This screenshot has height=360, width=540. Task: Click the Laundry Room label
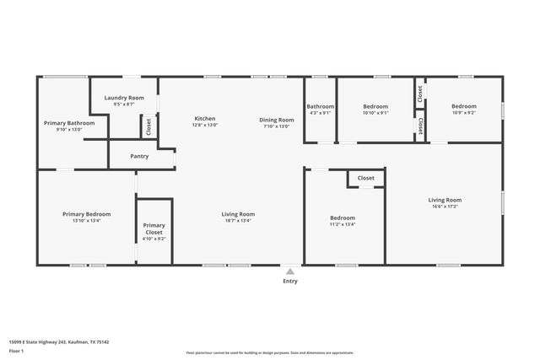pos(124,99)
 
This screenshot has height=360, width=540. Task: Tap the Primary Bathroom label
pos(69,123)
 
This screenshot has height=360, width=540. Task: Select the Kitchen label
pos(205,118)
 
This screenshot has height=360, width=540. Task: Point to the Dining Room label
pos(276,120)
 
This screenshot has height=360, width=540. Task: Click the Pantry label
pos(140,156)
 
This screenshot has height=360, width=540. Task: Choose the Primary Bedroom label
pos(87,214)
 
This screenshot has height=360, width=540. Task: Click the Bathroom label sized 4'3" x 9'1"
pos(321,106)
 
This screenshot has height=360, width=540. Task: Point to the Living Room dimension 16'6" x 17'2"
pos(446,207)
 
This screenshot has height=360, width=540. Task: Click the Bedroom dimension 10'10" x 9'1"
pos(375,113)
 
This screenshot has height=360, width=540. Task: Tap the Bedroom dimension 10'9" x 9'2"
pos(463,113)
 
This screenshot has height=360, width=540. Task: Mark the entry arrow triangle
pos(289,271)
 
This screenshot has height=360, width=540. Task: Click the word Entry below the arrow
pos(289,282)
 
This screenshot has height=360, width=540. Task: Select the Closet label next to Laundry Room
pos(148,126)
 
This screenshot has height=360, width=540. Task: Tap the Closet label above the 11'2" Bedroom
pos(366,178)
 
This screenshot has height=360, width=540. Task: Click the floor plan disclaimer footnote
pos(270,353)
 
